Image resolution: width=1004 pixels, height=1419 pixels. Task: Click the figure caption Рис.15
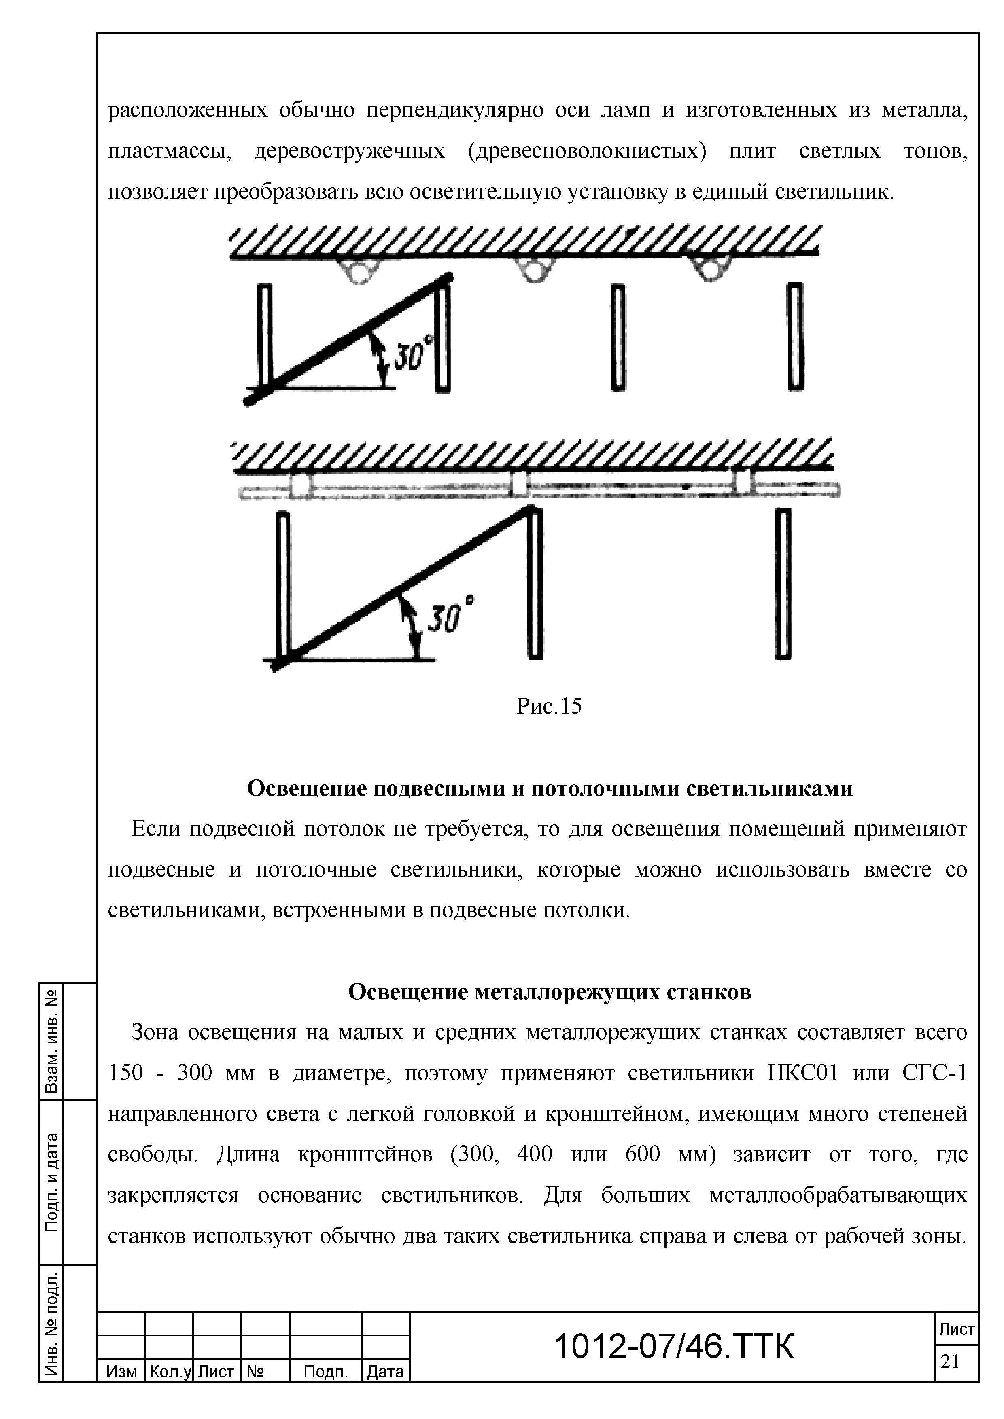[549, 706]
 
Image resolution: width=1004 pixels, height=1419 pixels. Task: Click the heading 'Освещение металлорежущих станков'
[550, 991]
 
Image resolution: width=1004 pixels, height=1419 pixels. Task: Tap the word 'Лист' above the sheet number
[956, 1329]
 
